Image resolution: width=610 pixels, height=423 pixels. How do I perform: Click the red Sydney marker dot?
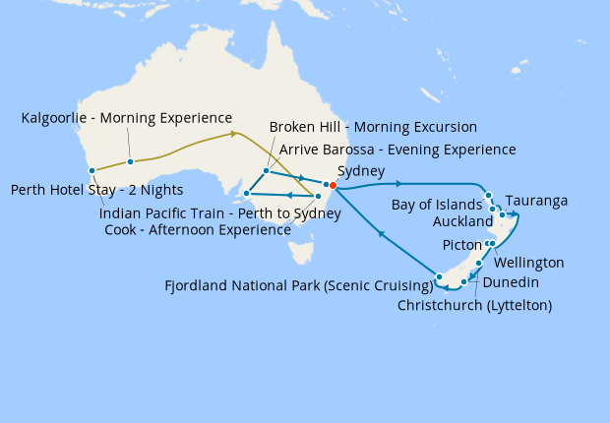(x=333, y=185)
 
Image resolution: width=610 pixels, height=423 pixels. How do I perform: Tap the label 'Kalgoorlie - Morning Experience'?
(x=127, y=118)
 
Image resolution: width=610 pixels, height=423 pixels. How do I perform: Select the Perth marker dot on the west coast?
(x=91, y=170)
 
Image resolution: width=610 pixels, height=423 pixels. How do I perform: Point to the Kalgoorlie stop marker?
(x=130, y=162)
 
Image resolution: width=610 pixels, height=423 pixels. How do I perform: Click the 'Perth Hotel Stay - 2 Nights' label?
(x=96, y=190)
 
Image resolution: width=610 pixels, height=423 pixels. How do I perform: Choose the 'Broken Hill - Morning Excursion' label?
(x=373, y=127)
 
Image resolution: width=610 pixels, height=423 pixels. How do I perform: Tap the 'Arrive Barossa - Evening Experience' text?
(x=397, y=150)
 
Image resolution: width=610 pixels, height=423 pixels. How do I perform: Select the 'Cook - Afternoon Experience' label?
(x=197, y=229)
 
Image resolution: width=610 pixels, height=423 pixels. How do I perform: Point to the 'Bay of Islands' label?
(x=437, y=205)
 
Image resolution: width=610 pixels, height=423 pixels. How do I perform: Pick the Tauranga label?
(x=536, y=201)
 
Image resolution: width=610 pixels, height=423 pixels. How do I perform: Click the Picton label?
(x=462, y=244)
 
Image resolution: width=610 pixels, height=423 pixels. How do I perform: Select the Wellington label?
(x=530, y=263)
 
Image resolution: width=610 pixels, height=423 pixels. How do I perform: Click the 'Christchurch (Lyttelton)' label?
(x=474, y=305)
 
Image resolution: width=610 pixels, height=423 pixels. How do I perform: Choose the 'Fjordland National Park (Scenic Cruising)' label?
(x=299, y=286)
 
